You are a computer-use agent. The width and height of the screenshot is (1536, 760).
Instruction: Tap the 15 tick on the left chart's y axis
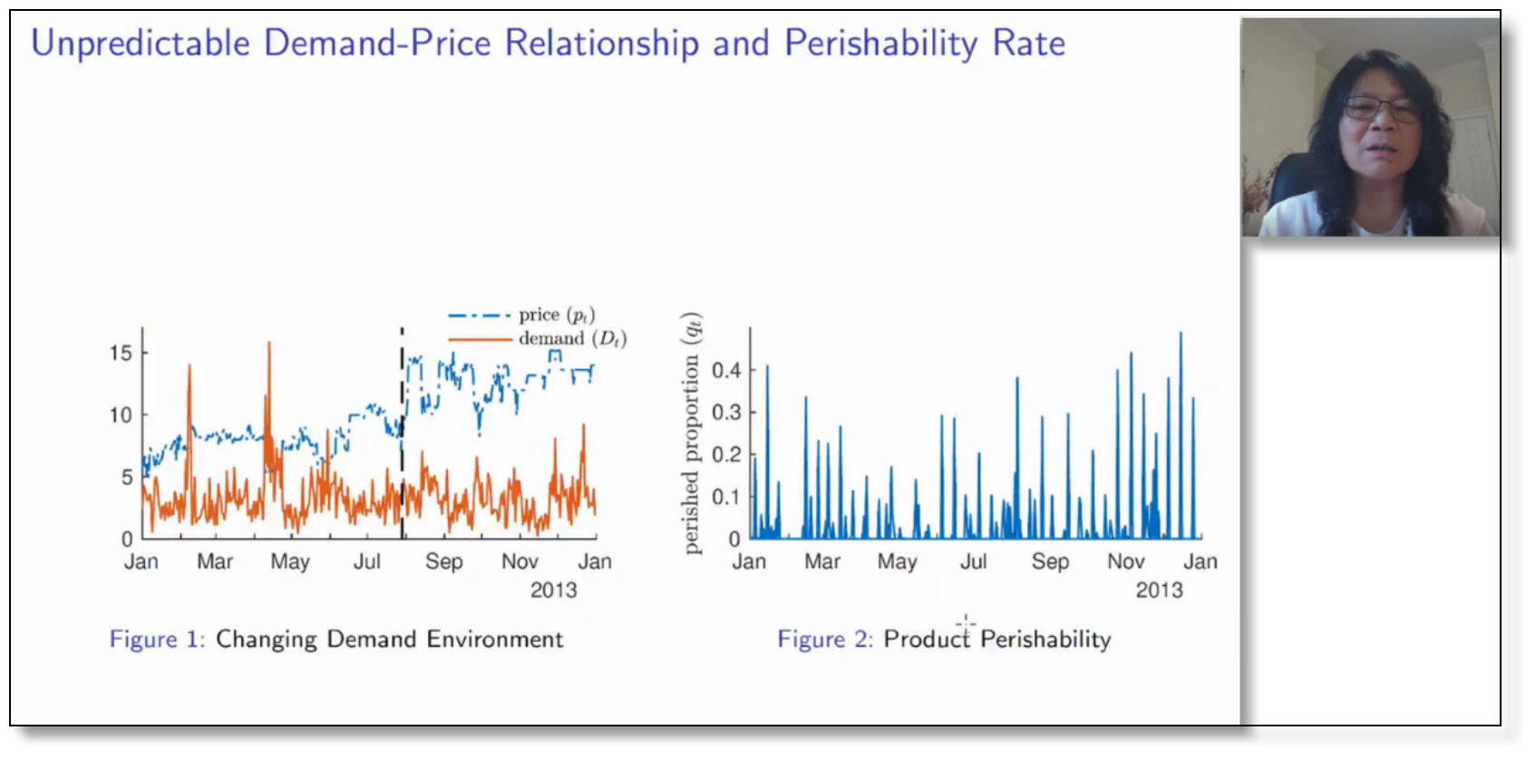121,353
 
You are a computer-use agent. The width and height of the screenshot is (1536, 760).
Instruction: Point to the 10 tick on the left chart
121,415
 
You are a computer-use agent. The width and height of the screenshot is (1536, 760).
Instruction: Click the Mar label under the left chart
215,561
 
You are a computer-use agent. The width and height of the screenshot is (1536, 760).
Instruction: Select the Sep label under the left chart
444,561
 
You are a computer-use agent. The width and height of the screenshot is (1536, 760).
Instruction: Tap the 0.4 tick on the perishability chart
726,370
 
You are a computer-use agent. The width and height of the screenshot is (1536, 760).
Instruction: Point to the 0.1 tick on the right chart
726,496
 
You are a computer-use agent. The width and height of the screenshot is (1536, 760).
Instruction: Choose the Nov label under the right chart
1126,561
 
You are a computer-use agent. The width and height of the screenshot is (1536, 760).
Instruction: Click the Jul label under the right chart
973,561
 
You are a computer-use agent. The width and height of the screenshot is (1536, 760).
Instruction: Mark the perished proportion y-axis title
692,434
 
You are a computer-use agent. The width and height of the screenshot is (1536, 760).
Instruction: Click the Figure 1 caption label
157,639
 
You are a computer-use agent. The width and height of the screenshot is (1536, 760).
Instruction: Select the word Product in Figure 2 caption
927,639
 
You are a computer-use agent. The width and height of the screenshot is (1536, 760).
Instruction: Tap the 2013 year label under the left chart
553,590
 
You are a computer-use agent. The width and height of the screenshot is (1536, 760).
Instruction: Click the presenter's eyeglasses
1381,109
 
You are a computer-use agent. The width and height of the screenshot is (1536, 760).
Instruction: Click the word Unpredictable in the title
141,44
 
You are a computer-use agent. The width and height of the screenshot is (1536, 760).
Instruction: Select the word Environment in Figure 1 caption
495,639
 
